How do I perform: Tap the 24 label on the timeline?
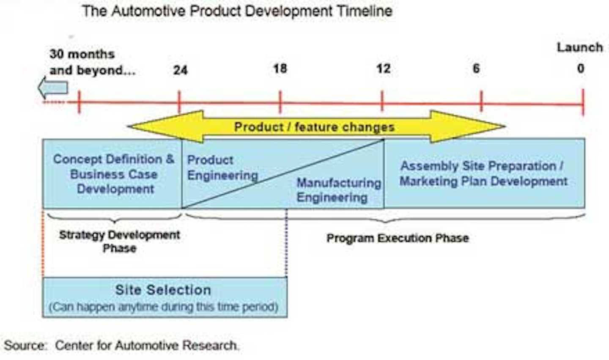click(180, 70)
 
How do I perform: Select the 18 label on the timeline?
click(280, 69)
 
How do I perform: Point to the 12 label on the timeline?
click(383, 69)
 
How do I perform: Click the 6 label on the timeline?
click(476, 69)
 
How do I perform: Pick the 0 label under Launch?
click(581, 69)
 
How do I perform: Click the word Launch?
click(579, 47)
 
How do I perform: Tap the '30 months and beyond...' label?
click(92, 62)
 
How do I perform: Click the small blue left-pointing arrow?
click(53, 88)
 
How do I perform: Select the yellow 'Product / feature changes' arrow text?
click(314, 127)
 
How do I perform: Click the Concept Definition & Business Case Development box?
click(113, 174)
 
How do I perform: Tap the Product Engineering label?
click(222, 168)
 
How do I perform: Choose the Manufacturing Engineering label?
click(338, 190)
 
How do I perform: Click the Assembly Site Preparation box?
click(483, 173)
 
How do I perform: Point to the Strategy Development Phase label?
click(120, 241)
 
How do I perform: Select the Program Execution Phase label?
click(397, 238)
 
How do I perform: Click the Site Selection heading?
click(163, 290)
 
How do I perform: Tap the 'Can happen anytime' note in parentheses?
click(163, 306)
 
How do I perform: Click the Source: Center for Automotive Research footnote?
click(121, 346)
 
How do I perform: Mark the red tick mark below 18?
click(280, 102)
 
